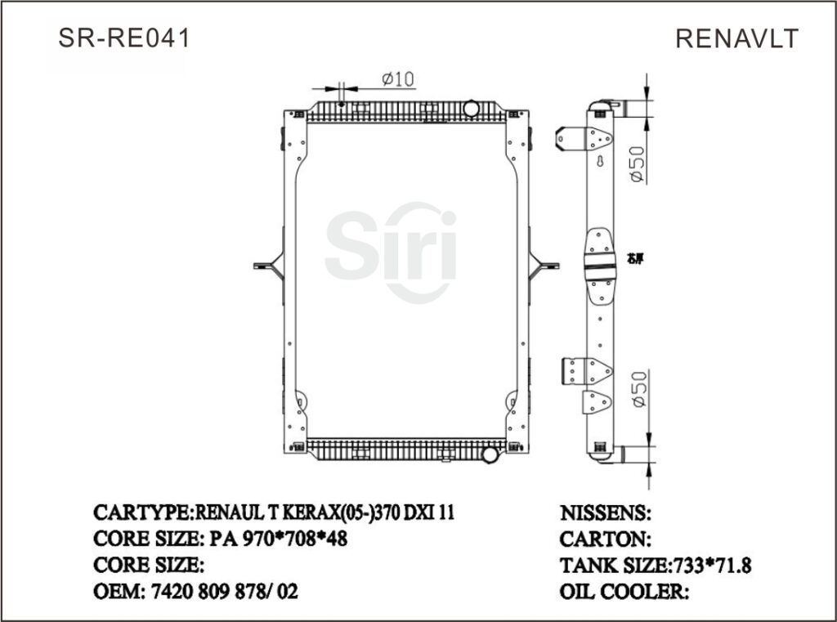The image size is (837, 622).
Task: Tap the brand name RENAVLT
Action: pyautogui.click(x=736, y=38)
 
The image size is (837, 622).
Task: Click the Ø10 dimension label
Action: pyautogui.click(x=398, y=78)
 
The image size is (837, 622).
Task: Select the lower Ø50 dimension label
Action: pyautogui.click(x=638, y=389)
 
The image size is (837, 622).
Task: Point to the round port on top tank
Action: pyautogui.click(x=472, y=109)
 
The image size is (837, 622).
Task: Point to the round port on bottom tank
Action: pyautogui.click(x=489, y=454)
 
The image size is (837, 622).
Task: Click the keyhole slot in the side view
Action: pyautogui.click(x=601, y=162)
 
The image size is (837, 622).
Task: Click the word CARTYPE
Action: pyautogui.click(x=141, y=513)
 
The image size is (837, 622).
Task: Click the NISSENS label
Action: pyautogui.click(x=605, y=513)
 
